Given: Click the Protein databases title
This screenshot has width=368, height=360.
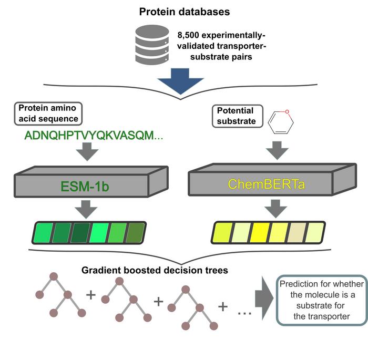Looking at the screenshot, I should click(184, 12).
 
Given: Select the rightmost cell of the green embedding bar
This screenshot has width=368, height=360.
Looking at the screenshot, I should click(136, 233).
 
